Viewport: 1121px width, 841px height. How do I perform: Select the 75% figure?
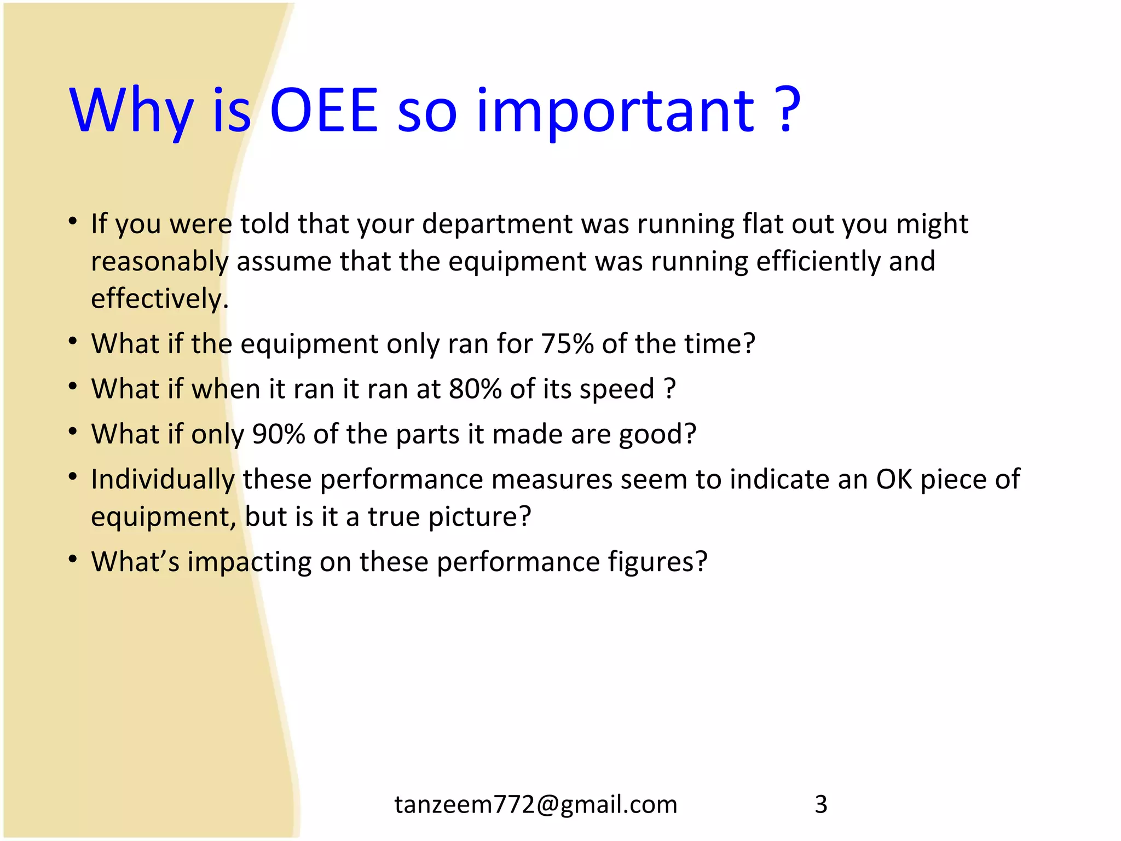(567, 344)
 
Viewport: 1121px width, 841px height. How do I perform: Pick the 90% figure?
(278, 434)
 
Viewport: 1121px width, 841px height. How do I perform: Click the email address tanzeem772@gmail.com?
(535, 804)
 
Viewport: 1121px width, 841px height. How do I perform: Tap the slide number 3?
(820, 804)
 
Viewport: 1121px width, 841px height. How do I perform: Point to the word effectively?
(159, 299)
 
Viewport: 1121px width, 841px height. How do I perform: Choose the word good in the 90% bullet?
(657, 435)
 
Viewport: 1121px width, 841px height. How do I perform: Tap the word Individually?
(163, 480)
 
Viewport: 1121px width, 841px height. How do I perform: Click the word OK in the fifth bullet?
(894, 479)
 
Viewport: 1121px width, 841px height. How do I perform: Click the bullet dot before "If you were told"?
(73, 221)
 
